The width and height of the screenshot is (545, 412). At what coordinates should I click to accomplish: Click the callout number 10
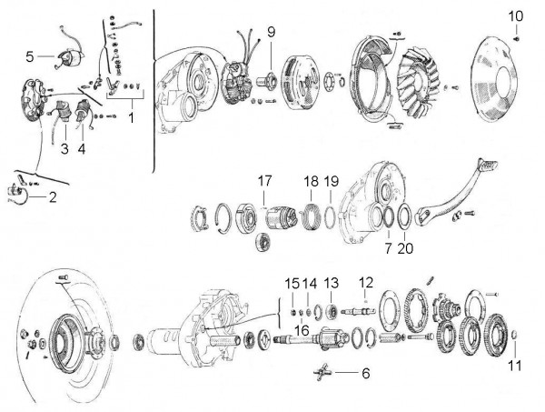click(515, 16)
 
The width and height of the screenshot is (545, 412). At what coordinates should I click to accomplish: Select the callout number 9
click(271, 32)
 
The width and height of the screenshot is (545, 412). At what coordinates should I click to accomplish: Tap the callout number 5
click(30, 55)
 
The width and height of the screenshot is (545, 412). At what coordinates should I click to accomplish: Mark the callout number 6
click(365, 373)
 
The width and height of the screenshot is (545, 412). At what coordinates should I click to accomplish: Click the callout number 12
click(366, 281)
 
